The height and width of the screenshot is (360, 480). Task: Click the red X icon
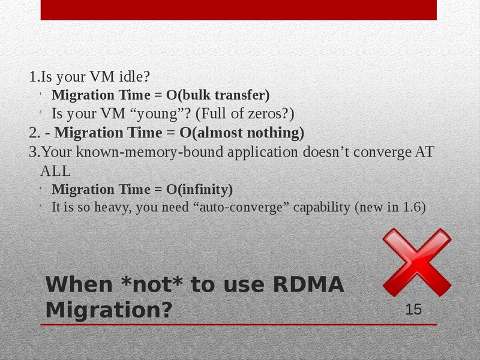tap(416, 262)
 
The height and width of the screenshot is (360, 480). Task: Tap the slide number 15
tap(413, 309)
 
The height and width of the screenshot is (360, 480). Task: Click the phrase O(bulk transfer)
tap(218, 95)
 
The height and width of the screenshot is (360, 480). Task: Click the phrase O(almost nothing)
tap(242, 133)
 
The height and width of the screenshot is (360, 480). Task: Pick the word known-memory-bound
tap(149, 152)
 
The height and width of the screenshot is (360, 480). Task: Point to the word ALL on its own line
tap(55, 171)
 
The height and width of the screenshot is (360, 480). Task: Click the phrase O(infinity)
tap(199, 189)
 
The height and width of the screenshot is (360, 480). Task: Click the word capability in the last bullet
tap(322, 208)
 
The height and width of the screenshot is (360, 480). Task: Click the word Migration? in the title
tap(109, 310)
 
